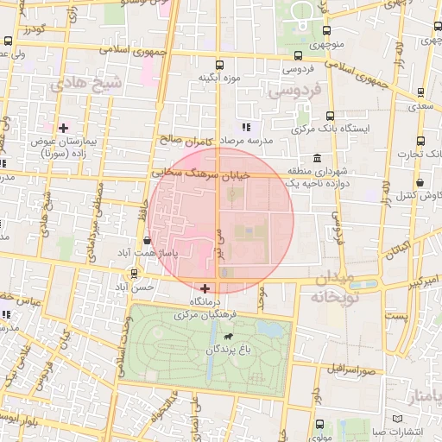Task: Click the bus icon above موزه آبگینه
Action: (x=218, y=64)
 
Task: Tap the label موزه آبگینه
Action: (x=218, y=79)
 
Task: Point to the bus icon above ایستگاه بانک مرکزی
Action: (x=330, y=116)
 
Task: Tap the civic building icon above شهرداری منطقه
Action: (x=319, y=159)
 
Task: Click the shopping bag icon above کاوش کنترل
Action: (x=420, y=183)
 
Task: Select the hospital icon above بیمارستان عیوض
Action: (x=62, y=128)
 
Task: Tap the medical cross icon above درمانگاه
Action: (x=205, y=287)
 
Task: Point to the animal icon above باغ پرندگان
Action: (x=228, y=336)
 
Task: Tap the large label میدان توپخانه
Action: (x=326, y=287)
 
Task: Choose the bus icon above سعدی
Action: (x=420, y=92)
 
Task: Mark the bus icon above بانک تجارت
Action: (x=420, y=142)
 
